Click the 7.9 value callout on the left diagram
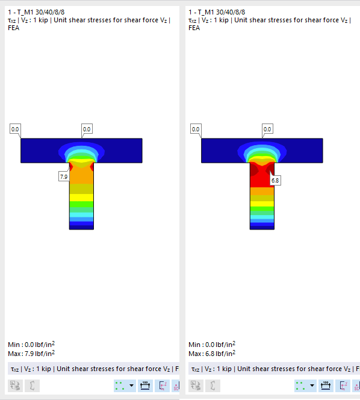coord(63,177)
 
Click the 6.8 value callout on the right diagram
coord(275,180)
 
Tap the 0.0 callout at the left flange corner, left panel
coord(15,129)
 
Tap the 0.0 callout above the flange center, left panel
coord(87,129)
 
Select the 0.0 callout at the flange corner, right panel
coord(196,129)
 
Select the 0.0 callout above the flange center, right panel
coord(267,129)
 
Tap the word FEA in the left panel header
coord(14,28)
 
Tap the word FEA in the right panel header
coord(194,28)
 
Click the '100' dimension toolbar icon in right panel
coord(325,386)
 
